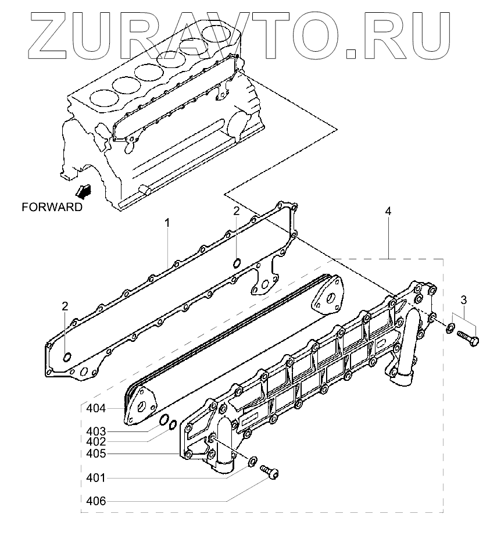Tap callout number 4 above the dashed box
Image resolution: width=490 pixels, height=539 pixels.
(388, 210)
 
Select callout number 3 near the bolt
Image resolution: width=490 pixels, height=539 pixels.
(463, 300)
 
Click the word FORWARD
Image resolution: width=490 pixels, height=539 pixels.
(52, 206)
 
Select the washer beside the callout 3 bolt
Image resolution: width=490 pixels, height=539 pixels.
(450, 329)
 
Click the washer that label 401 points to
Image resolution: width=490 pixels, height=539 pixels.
(252, 461)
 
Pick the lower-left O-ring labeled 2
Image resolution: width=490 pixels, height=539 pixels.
(67, 356)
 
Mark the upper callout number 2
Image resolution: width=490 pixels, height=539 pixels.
(237, 210)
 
